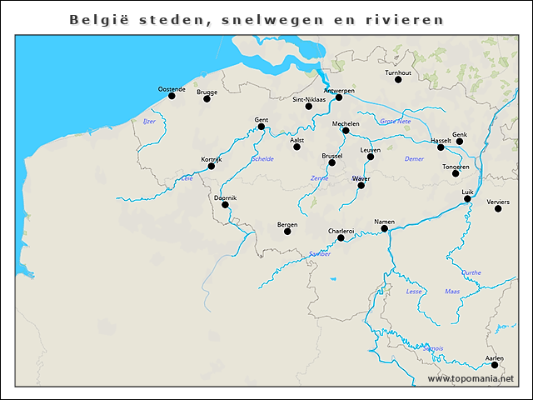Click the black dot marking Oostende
point(172,96)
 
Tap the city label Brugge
point(207,92)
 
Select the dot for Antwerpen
point(339,97)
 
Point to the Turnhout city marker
point(399,81)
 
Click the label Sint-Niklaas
point(308,98)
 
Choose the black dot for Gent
point(261,127)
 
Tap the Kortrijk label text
point(212,158)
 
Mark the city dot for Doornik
point(225,205)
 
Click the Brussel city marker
point(331,162)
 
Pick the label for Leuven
point(371,149)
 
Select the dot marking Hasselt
point(441,147)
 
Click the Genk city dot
point(459,142)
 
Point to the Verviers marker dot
point(498,208)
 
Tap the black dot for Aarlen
point(494,365)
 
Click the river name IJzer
point(150,122)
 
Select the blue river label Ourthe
point(471,272)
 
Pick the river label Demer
point(414,158)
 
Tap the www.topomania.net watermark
point(471,379)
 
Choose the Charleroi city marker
point(341,238)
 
